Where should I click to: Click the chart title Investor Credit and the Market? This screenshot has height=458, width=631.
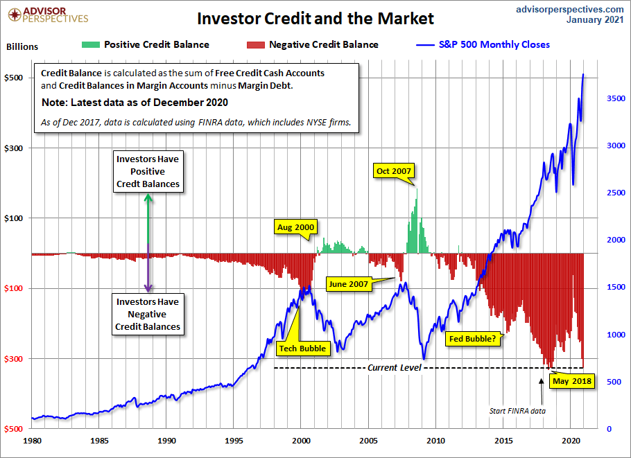click(x=315, y=18)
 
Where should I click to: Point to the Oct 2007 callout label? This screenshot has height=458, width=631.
click(x=393, y=170)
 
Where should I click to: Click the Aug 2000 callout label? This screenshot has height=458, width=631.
click(x=296, y=227)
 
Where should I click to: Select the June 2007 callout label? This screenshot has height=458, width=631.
click(x=349, y=283)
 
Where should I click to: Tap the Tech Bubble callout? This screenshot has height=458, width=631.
click(x=302, y=348)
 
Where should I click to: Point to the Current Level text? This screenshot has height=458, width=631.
click(x=394, y=367)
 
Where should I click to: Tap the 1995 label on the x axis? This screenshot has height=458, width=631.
click(x=234, y=440)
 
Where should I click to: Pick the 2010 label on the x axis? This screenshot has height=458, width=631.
click(x=436, y=440)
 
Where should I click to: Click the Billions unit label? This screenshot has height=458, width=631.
click(x=22, y=47)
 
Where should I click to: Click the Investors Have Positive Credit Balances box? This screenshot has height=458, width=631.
click(x=148, y=171)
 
